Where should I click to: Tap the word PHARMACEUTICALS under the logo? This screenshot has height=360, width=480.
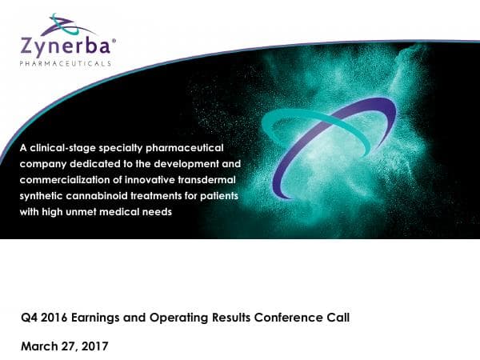(65, 62)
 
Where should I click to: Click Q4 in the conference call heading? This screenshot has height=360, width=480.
(29, 317)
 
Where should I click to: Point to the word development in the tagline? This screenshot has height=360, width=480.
(164, 164)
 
